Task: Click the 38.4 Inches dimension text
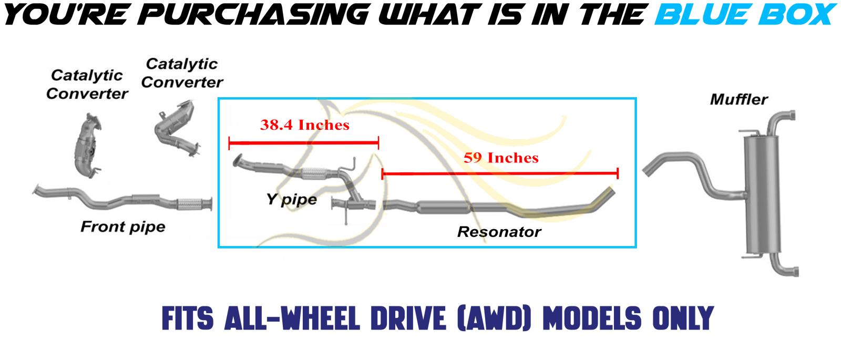coord(304,125)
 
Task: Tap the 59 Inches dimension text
coord(501,158)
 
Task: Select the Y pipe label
coord(292,199)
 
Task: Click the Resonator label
coord(499,232)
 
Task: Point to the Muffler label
coord(739,99)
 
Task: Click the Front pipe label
coord(123,227)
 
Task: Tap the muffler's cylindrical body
coord(762,194)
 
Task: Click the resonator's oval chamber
coord(444,207)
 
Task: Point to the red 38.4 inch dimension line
coord(304,142)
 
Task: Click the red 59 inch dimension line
coord(500,173)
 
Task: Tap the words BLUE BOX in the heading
coord(746,14)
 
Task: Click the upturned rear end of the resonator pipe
coord(604,196)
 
